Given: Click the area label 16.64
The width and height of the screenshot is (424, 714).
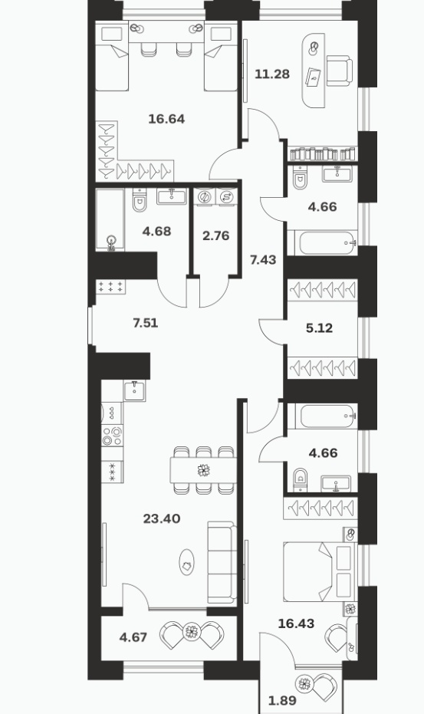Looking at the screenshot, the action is tap(166, 120).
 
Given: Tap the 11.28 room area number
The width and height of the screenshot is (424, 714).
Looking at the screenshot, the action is tap(272, 74).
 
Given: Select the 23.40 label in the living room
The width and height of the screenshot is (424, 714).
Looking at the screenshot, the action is tap(162, 518).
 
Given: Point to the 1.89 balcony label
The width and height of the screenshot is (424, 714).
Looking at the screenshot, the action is tap(282, 700).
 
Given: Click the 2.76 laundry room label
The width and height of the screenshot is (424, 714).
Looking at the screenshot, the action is tap(216, 236).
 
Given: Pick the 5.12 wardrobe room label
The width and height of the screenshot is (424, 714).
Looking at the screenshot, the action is tap(319, 328).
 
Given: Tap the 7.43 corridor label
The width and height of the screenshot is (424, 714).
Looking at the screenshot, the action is tap(263, 260).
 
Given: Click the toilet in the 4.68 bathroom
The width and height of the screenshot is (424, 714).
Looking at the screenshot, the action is tap(140, 200).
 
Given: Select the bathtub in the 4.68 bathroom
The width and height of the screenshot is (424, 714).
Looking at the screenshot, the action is tap(110, 219).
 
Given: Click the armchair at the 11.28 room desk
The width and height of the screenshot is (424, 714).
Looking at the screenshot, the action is tap(340, 70).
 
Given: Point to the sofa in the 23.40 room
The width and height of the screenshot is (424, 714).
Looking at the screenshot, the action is tap(222, 563).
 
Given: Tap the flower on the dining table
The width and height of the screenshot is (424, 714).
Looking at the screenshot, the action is tap(204, 470).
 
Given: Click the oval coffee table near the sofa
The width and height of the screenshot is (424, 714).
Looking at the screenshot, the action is tap(186, 562).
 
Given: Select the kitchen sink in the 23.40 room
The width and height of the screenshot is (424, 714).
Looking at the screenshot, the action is tap(134, 390).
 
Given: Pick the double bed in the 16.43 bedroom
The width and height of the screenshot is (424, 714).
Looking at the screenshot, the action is tap(320, 571).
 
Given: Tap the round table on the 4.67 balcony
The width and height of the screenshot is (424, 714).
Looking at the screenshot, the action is tap(192, 632).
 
